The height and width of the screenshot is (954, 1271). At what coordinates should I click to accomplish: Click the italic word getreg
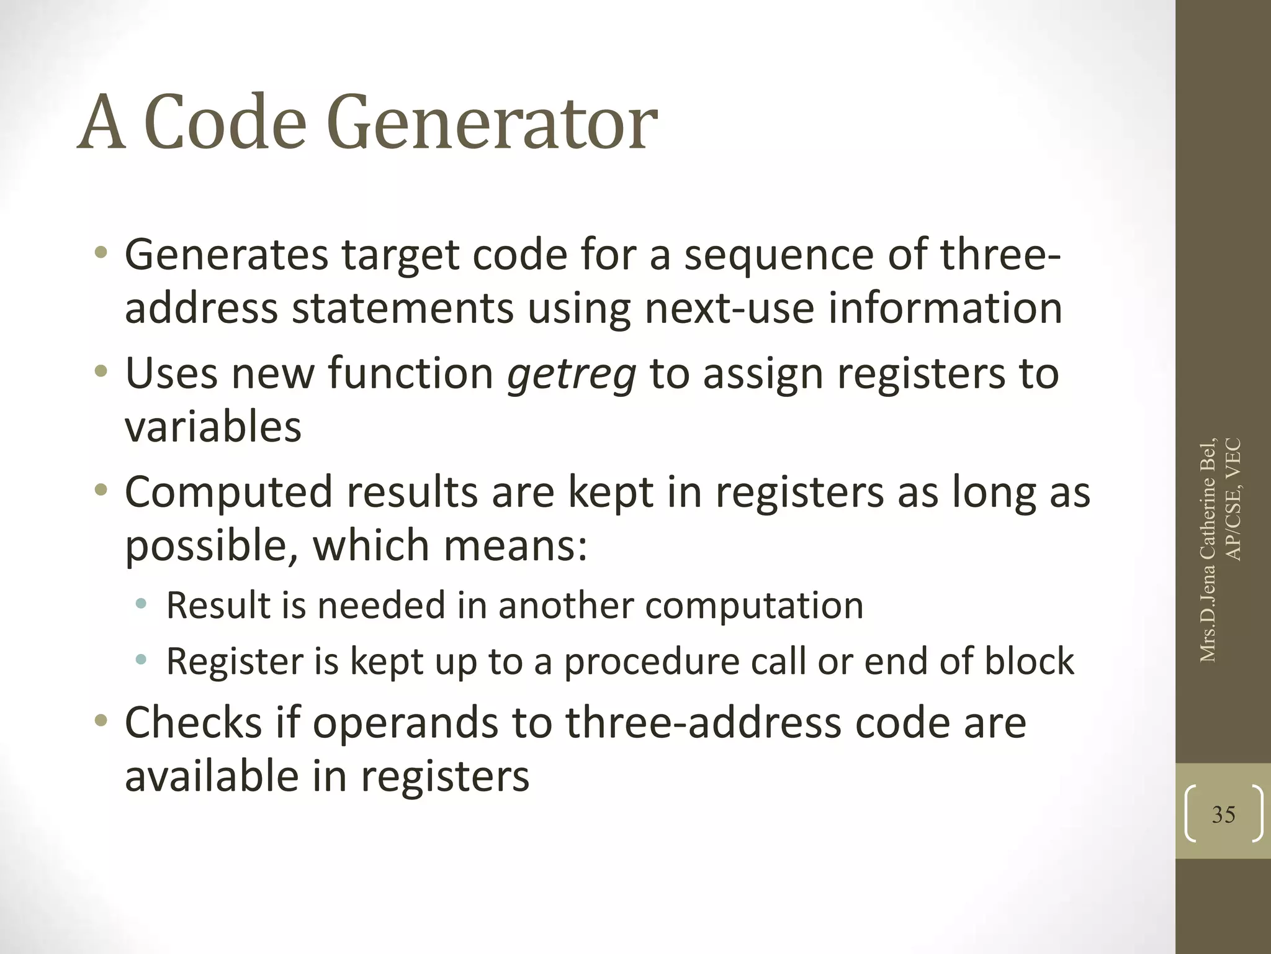[x=572, y=374]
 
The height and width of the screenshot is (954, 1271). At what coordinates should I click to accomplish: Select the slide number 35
[x=1223, y=814]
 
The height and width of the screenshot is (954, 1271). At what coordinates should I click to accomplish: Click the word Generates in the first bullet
[x=226, y=255]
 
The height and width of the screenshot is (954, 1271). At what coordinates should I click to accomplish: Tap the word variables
[x=213, y=427]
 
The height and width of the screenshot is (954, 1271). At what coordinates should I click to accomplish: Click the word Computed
[x=228, y=492]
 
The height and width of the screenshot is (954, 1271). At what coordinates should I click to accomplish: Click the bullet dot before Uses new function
[x=101, y=372]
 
